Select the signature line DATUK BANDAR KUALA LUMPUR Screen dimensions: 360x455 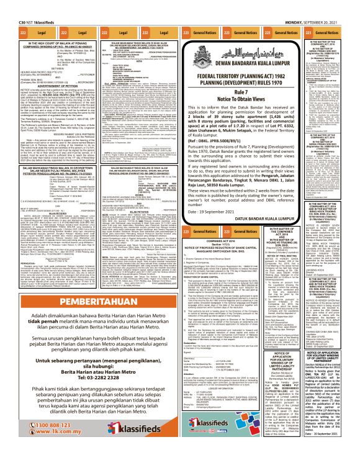[269, 207]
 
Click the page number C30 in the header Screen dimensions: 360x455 [9, 5]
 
